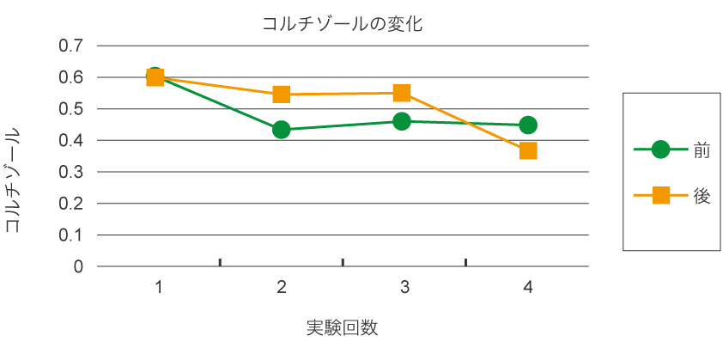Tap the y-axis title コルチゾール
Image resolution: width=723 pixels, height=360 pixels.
[15, 180]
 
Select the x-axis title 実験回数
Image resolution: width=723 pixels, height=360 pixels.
[343, 327]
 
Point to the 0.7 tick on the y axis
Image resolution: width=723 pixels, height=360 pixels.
[70, 46]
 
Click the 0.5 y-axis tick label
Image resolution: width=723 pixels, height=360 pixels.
[70, 109]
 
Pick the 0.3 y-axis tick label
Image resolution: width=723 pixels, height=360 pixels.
[70, 172]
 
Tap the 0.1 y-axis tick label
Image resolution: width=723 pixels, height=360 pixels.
[70, 235]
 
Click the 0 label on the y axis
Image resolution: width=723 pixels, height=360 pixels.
[78, 266]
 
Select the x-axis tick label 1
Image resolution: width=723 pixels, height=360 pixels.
[160, 288]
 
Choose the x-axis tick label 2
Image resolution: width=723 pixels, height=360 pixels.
[282, 288]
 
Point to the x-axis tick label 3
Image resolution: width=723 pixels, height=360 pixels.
[404, 288]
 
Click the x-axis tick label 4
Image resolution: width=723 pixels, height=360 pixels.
[527, 288]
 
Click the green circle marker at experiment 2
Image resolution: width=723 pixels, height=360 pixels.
[281, 130]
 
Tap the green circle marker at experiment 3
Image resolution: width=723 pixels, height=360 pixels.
[402, 121]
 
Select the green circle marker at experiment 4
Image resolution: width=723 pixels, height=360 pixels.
[528, 125]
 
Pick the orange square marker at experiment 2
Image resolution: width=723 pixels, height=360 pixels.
[282, 94]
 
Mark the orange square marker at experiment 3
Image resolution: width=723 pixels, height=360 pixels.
[402, 93]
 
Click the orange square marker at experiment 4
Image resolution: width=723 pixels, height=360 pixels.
[528, 150]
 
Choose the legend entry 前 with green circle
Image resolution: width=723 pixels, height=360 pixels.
[671, 149]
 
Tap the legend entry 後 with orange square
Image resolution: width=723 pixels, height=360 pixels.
[671, 196]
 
